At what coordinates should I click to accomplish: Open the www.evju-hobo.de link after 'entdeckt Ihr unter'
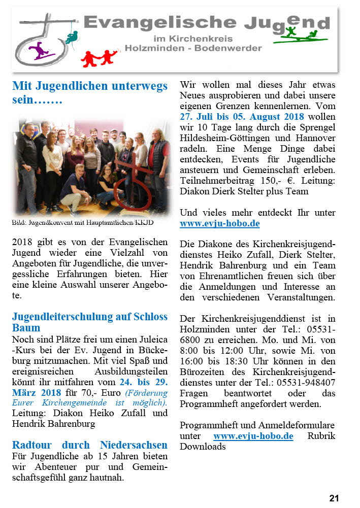pyautogui.click(x=219, y=223)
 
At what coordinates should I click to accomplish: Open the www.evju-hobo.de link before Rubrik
pyautogui.click(x=253, y=436)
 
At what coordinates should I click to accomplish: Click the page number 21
pyautogui.click(x=334, y=498)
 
